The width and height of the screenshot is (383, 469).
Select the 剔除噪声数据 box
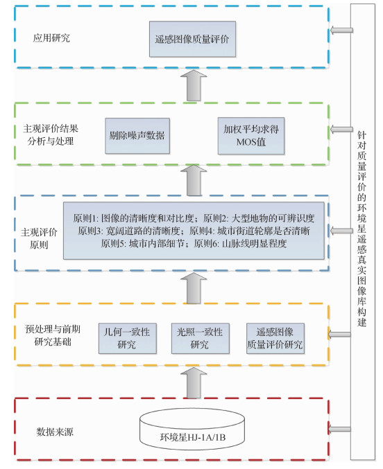[x=137, y=134]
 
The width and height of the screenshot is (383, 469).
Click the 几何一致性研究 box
[x=126, y=338]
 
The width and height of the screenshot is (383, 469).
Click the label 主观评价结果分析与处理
[x=52, y=134]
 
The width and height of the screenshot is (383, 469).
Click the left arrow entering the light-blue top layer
[x=341, y=30]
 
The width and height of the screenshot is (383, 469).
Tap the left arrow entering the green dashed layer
[x=341, y=130]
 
